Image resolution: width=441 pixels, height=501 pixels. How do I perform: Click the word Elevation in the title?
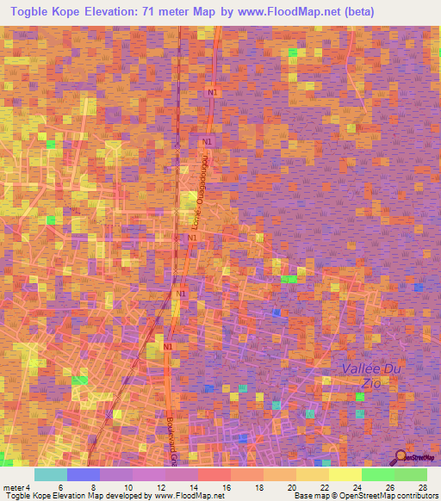click(108, 10)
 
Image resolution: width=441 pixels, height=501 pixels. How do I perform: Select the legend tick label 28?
click(423, 487)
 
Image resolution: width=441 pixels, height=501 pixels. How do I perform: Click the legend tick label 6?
click(60, 487)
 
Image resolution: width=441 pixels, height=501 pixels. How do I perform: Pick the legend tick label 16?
click(227, 487)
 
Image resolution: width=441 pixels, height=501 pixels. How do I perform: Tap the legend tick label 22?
click(325, 487)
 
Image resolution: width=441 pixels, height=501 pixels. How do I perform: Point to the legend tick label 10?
click(127, 487)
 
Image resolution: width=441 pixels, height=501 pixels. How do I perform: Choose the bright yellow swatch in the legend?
click(345, 474)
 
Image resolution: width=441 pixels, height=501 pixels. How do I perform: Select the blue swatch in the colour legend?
click(83, 474)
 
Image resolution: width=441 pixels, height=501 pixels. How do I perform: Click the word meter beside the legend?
click(12, 487)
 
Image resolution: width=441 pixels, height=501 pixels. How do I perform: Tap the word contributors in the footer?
click(415, 496)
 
